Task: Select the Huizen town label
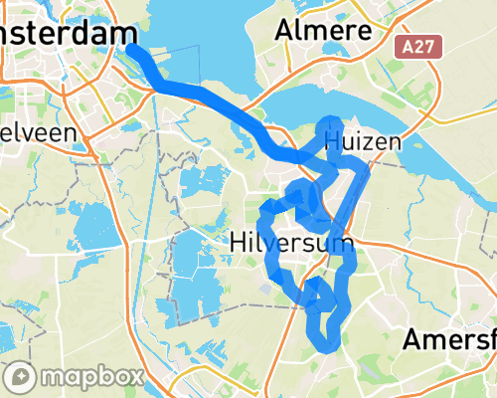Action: point(363,141)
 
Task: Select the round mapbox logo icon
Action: point(20,377)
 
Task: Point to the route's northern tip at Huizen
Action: point(332,123)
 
